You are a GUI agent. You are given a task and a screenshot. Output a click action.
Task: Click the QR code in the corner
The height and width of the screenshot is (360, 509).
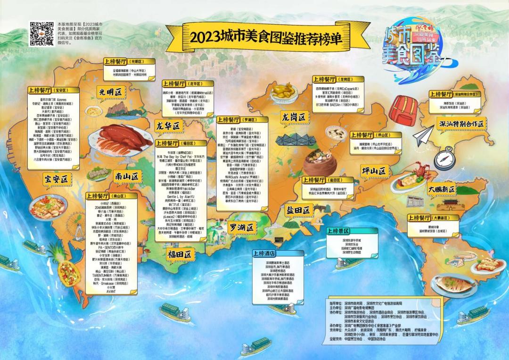pyautogui.click(x=41, y=34)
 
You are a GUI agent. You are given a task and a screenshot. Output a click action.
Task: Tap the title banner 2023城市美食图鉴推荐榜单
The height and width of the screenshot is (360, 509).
pyautogui.click(x=264, y=36)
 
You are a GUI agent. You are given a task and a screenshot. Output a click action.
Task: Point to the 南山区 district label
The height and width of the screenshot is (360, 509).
pyautogui.click(x=128, y=176)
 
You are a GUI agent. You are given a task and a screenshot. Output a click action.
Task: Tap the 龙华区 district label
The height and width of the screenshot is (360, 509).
pyautogui.click(x=169, y=126)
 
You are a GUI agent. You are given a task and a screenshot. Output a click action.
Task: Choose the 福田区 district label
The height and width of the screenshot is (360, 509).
pyautogui.click(x=181, y=254)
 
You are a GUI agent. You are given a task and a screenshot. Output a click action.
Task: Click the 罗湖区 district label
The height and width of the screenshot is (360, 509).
pyautogui.click(x=242, y=228)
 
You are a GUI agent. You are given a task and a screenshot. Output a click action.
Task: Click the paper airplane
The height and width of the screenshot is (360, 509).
pyautogui.click(x=425, y=135)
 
